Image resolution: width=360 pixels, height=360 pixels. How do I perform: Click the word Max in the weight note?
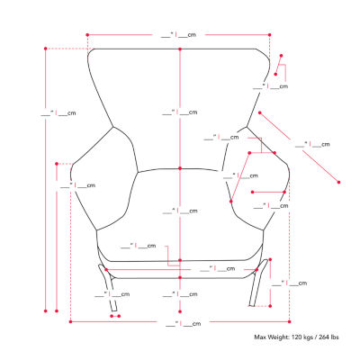click(x=260, y=337)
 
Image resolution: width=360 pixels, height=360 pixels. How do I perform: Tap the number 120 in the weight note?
click(x=295, y=337)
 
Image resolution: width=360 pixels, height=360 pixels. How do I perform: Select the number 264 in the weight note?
click(x=323, y=337)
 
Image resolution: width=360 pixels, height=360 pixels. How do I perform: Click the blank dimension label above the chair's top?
click(x=178, y=35)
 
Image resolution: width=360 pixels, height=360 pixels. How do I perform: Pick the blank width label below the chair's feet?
click(x=184, y=324)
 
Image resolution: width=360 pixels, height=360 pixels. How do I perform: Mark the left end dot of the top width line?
click(x=87, y=35)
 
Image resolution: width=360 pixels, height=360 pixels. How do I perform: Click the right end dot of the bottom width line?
click(x=290, y=322)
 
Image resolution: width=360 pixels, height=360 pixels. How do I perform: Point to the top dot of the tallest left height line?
click(x=46, y=49)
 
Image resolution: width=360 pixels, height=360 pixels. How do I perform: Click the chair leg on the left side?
click(x=108, y=287)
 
